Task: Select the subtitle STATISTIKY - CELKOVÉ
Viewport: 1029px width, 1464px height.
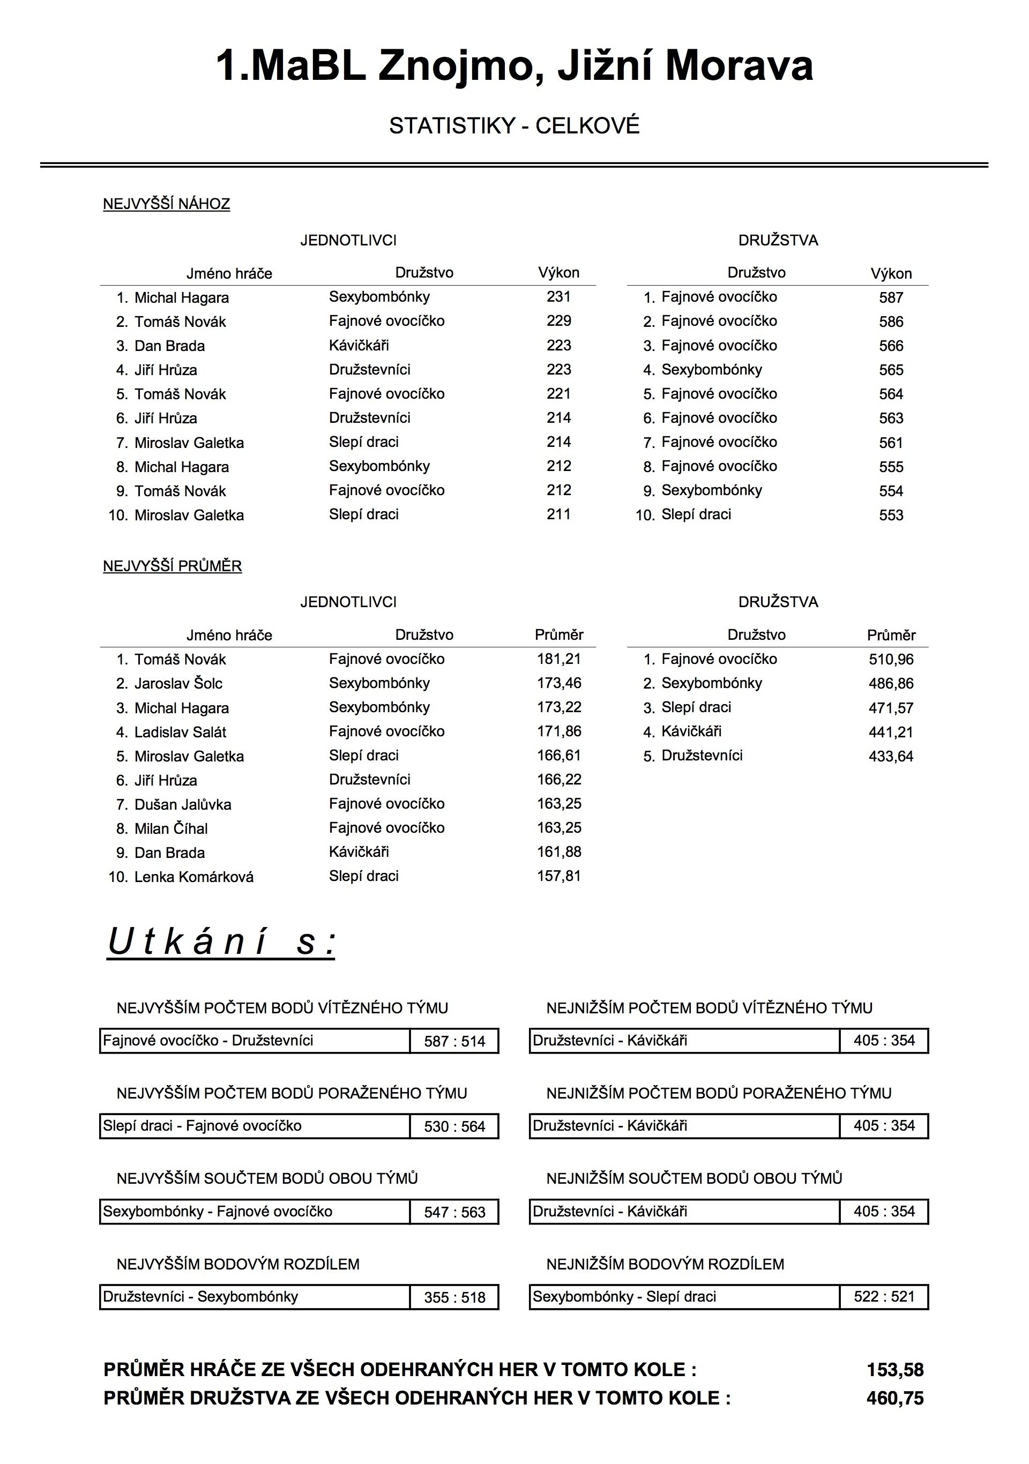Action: (514, 125)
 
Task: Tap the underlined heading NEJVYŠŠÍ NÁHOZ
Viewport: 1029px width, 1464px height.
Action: (166, 204)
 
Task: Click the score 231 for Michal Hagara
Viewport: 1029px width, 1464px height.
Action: (558, 296)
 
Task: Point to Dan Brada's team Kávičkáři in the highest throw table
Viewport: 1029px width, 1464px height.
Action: (359, 346)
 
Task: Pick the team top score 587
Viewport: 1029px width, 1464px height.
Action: (891, 297)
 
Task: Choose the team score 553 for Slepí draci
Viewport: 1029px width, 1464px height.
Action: (891, 515)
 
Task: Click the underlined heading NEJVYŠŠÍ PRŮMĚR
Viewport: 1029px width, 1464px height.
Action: (172, 566)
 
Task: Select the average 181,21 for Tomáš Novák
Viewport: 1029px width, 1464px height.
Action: (558, 659)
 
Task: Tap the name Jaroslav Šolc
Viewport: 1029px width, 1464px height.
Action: (178, 684)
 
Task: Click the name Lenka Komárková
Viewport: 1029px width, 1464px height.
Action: (194, 877)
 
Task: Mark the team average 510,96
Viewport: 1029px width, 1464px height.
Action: (891, 659)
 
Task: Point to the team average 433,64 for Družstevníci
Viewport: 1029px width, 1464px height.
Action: (891, 756)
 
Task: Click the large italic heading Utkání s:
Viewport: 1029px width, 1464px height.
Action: (221, 942)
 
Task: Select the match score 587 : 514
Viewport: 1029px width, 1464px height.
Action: (454, 1041)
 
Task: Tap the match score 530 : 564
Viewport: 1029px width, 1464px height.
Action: (454, 1127)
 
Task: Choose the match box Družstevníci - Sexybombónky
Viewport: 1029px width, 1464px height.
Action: (255, 1297)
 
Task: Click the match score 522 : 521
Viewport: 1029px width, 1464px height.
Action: (884, 1297)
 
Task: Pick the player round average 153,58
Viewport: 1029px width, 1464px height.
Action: (894, 1370)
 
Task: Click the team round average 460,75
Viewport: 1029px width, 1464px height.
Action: (894, 1398)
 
